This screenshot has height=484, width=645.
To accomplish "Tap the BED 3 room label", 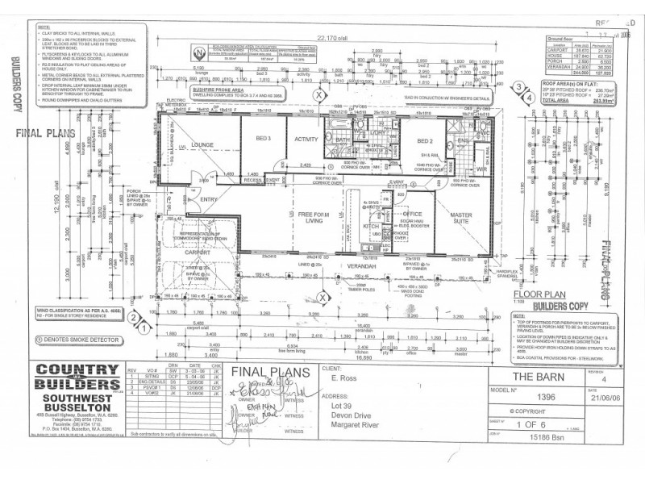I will pos(262,139).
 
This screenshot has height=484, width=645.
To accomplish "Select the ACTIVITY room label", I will pos(306,139).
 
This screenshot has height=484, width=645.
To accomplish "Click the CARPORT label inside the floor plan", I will pos(197,252).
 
